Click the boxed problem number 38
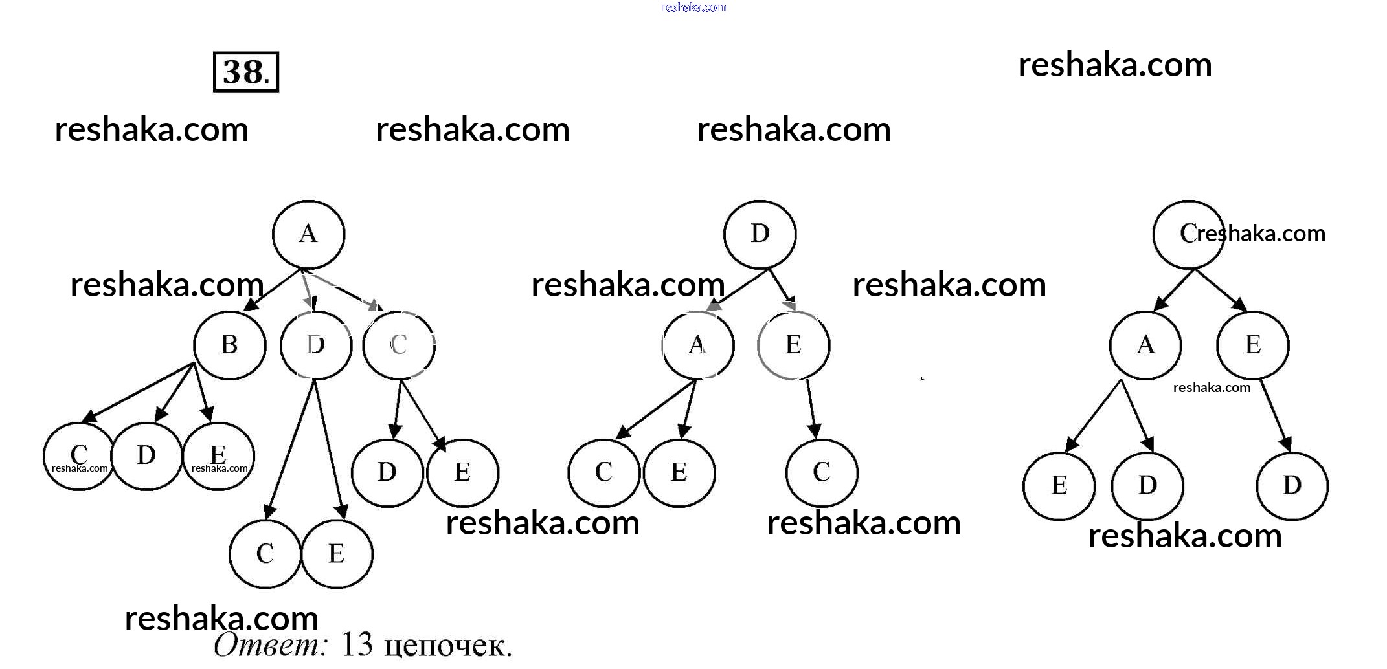[x=245, y=72]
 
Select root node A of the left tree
[x=308, y=234]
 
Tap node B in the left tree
[x=229, y=345]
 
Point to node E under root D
[x=793, y=345]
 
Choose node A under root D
[x=697, y=345]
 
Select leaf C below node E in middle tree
[x=821, y=472]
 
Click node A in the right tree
[x=1145, y=345]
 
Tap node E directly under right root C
[x=1252, y=345]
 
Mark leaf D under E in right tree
[x=1292, y=485]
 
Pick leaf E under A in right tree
[x=1059, y=485]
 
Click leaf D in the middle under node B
[x=146, y=455]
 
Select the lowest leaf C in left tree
[x=265, y=554]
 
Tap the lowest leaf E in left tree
[x=337, y=554]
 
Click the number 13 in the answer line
[x=357, y=644]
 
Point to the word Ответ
[x=271, y=644]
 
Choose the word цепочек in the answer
[x=447, y=646]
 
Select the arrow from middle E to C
[x=811, y=408]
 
